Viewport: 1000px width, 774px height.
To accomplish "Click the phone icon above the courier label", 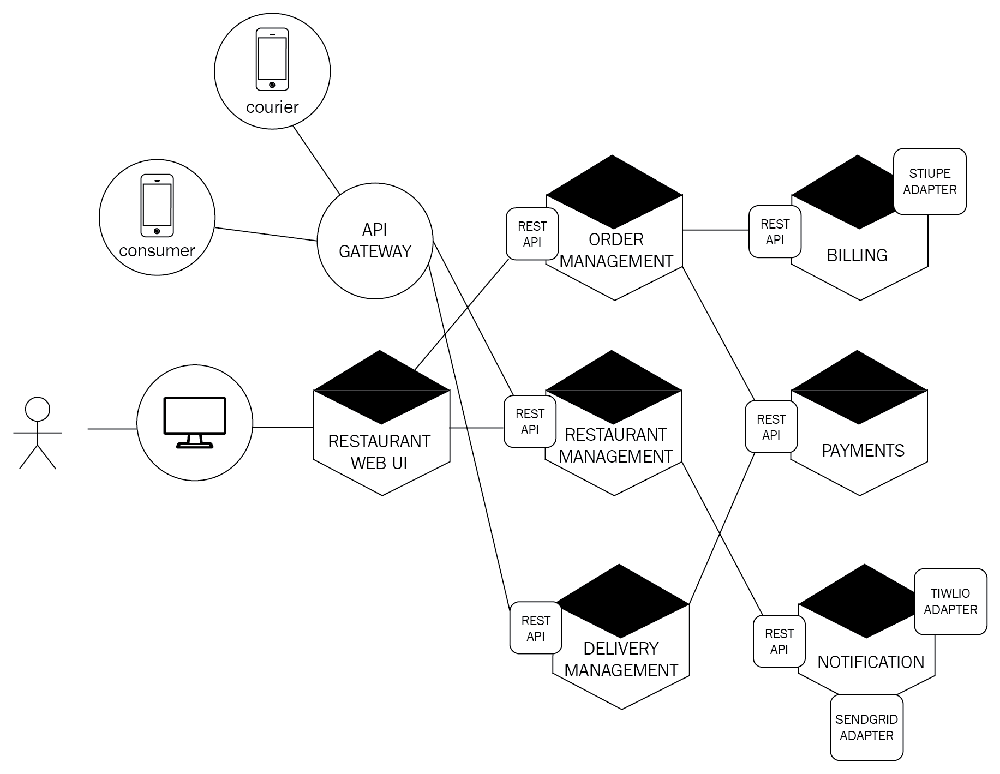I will tap(272, 59).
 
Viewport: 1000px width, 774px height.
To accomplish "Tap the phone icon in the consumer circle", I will tap(157, 206).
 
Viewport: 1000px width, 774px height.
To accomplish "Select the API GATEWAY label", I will tap(375, 241).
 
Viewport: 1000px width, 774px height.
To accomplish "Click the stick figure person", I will tap(37, 433).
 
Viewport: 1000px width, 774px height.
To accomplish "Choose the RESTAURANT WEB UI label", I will tap(379, 452).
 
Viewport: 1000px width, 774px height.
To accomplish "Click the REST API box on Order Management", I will tap(532, 234).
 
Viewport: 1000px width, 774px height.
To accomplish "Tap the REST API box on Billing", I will tap(775, 232).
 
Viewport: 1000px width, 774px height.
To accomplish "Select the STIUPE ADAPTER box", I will tap(930, 182).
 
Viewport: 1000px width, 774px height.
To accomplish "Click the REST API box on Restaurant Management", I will tap(530, 422).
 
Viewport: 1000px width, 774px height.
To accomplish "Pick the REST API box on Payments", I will tap(771, 427).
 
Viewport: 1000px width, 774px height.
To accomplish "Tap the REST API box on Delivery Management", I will tap(536, 628).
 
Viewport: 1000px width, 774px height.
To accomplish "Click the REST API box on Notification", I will tap(779, 641).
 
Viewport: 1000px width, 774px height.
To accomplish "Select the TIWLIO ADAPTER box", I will tap(950, 602).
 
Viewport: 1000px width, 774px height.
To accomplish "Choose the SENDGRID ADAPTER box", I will tap(866, 728).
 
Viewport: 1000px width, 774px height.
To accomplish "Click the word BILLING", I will tap(857, 255).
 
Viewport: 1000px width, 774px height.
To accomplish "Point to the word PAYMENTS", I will tap(863, 451).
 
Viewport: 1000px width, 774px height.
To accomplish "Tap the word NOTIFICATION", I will tap(871, 662).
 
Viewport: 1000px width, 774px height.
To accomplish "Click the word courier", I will tap(272, 107).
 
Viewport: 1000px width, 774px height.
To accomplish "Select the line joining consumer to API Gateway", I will tap(266, 234).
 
